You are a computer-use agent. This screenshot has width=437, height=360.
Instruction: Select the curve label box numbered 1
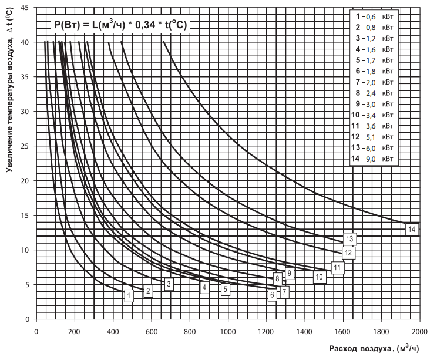click(x=128, y=296)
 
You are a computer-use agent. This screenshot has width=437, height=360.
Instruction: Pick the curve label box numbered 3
click(x=169, y=284)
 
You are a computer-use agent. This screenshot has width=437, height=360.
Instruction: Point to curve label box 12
click(x=348, y=253)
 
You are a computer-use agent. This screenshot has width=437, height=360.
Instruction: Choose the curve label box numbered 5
click(x=225, y=289)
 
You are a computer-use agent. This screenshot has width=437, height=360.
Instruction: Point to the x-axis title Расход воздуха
click(x=370, y=349)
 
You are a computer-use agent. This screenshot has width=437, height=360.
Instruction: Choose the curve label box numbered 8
click(x=277, y=279)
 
